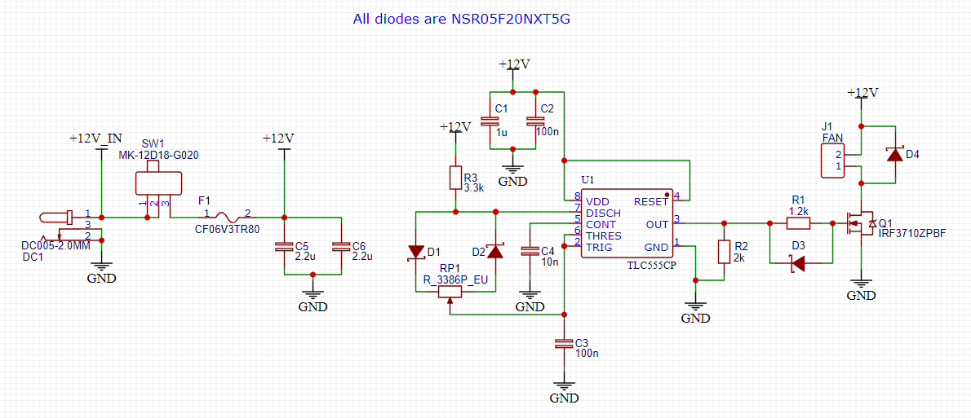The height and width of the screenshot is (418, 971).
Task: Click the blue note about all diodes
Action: [x=461, y=17]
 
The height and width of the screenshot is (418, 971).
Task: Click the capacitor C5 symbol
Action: [x=284, y=246]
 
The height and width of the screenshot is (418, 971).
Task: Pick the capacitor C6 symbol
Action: [x=340, y=246]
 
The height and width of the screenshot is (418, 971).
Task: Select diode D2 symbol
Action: [x=494, y=251]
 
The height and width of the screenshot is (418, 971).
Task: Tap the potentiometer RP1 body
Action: [x=450, y=293]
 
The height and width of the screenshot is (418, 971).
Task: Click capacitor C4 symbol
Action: [x=530, y=251]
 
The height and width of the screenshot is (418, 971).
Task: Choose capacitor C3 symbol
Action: [x=564, y=344]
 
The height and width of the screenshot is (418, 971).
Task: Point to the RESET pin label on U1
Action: [x=650, y=201]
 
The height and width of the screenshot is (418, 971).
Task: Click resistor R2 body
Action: [x=723, y=252]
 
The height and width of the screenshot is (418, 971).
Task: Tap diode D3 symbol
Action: [x=798, y=262]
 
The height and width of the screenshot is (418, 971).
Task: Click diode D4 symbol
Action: [x=895, y=154]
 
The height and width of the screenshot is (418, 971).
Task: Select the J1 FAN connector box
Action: [x=832, y=160]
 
